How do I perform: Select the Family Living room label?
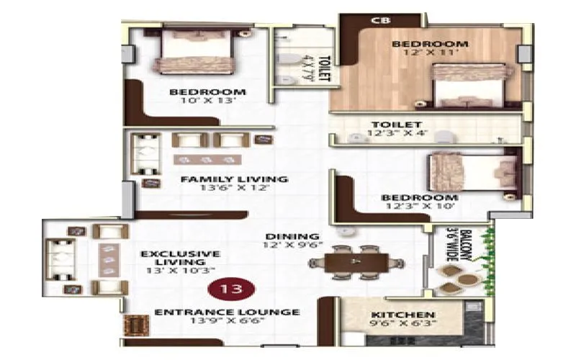coord(234,179)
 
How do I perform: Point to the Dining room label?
coord(292,236)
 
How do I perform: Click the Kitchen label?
coord(402,315)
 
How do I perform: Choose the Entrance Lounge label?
coord(228,312)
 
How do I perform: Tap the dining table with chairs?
coord(356,262)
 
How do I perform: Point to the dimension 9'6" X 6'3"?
coord(402,325)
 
